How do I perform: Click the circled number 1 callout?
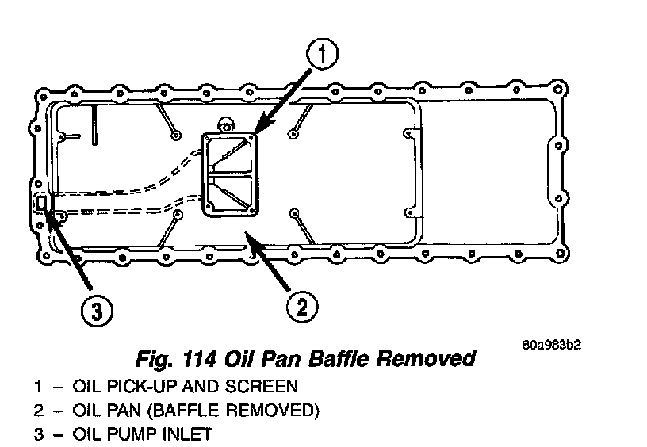(x=323, y=56)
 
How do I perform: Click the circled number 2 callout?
(x=302, y=305)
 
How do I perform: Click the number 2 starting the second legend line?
(x=38, y=411)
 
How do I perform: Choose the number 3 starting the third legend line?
(x=38, y=434)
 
